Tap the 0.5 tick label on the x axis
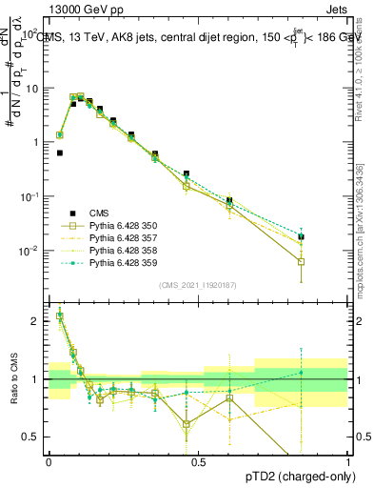coord(198,461)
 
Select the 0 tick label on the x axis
coord(49,461)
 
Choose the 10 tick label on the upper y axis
coord(31,88)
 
